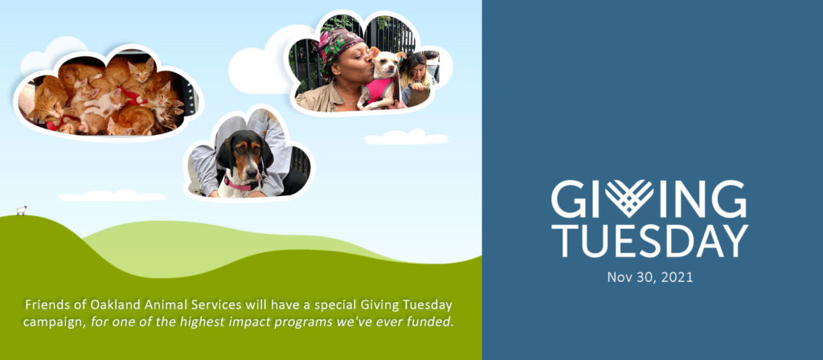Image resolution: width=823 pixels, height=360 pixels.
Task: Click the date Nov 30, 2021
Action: point(649,277)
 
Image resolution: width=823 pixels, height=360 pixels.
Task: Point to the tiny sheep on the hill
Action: point(21,211)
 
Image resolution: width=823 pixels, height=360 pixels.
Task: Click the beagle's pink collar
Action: point(241,186)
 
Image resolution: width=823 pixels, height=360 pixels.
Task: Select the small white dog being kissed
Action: point(380,78)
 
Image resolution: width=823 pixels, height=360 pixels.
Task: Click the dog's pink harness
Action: point(379,89)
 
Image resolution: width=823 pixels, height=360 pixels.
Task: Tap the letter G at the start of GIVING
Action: point(568,199)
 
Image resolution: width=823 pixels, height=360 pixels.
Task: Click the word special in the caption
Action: point(337,305)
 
